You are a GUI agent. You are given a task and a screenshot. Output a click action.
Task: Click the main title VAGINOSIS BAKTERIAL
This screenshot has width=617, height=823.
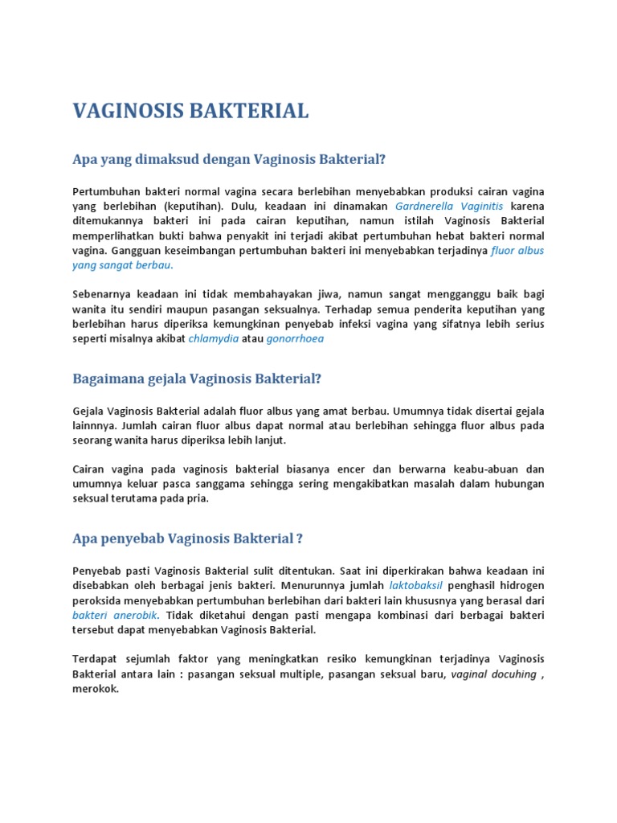[x=190, y=112]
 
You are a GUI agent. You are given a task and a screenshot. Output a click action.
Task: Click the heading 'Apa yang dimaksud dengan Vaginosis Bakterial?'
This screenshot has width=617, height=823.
[x=229, y=159]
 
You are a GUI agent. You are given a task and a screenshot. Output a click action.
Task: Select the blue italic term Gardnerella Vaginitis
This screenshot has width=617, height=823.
[x=449, y=206]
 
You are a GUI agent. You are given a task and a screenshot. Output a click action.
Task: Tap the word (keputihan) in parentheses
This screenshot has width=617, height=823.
[x=188, y=206]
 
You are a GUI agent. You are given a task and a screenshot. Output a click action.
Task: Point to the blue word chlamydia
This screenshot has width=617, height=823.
[x=213, y=339]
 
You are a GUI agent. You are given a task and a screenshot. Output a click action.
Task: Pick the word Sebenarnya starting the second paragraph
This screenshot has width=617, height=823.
[x=101, y=294]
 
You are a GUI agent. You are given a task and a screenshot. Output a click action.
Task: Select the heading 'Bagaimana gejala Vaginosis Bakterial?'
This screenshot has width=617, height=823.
[x=197, y=379]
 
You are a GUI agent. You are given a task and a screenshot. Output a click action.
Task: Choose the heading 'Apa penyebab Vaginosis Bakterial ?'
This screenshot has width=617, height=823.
[x=187, y=538]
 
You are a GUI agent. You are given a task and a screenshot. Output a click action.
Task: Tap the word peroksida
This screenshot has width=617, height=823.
[x=99, y=600]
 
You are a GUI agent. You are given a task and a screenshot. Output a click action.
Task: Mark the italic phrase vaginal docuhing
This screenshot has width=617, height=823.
[x=493, y=674]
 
